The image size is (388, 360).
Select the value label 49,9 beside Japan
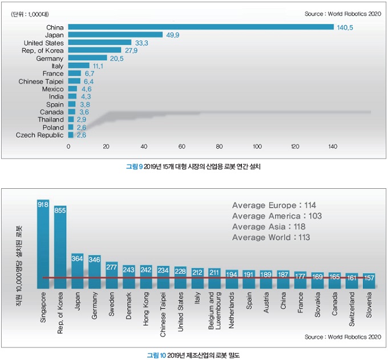tap(172, 35)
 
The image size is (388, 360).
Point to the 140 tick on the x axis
tap(333, 147)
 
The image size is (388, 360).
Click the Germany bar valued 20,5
tap(88, 58)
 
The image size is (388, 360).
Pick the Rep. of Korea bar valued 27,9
tap(95, 50)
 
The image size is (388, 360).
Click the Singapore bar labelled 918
tap(43, 240)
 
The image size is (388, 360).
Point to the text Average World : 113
tap(271, 237)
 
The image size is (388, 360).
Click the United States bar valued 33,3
tap(100, 43)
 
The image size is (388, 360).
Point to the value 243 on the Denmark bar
tap(129, 269)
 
